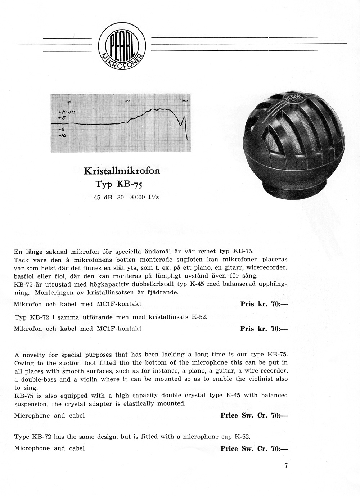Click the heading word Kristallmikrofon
(x=122, y=171)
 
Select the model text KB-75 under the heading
(x=129, y=184)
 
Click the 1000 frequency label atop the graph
(x=127, y=102)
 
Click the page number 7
(x=285, y=465)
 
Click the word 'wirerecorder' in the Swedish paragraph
(x=269, y=268)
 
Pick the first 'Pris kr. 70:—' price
(x=264, y=304)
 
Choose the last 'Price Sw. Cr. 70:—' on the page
(x=254, y=448)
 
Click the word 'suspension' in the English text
(x=30, y=404)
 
